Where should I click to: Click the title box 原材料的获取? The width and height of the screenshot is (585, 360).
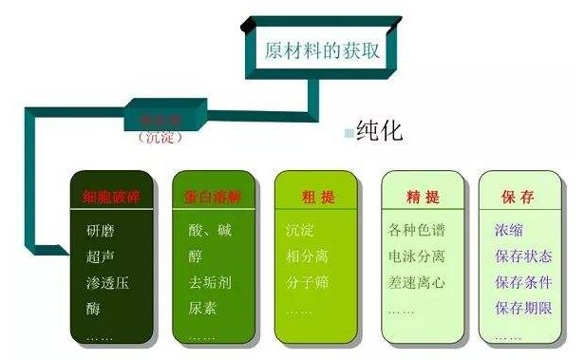point(324,49)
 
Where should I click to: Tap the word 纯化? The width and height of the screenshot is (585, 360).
point(379,130)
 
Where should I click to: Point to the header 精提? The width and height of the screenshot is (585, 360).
point(422,198)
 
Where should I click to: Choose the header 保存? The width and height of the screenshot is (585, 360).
point(517,198)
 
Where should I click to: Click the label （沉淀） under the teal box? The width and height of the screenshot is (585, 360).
point(160,139)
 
